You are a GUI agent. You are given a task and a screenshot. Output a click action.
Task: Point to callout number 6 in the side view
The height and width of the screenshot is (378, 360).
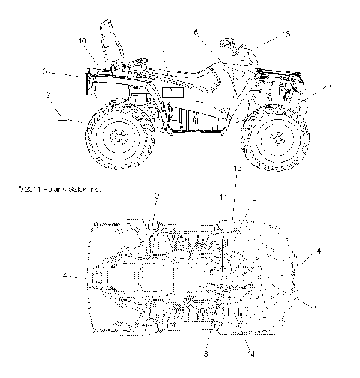point(196,32)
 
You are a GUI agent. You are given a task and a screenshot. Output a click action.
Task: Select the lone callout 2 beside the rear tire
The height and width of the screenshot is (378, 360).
point(47,95)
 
